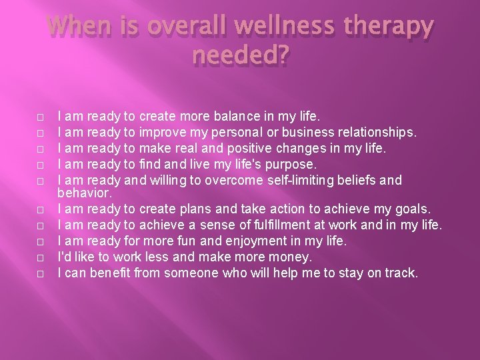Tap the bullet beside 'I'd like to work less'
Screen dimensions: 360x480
[x=40, y=257]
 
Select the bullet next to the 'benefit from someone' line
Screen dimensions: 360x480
[x=40, y=273]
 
